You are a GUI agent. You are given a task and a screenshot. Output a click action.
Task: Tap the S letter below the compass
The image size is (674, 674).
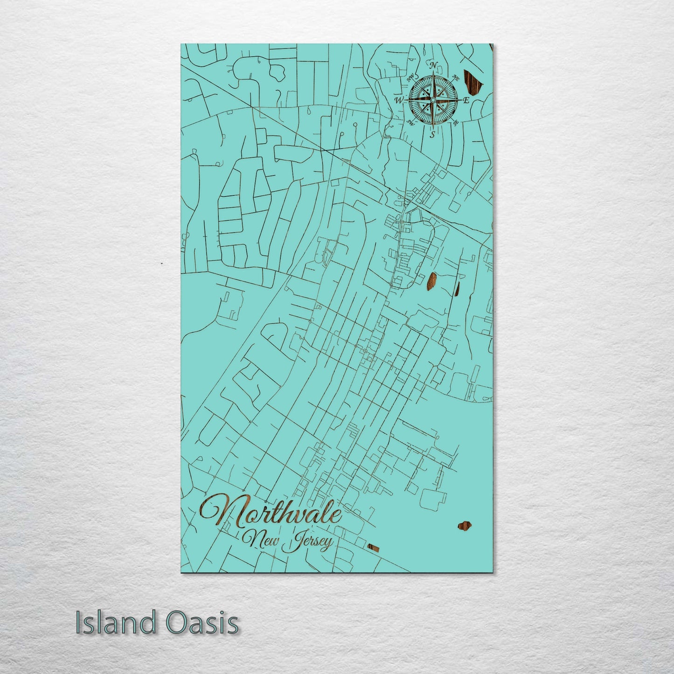432,135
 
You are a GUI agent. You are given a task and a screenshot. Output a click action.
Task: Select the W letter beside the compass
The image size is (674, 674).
399,100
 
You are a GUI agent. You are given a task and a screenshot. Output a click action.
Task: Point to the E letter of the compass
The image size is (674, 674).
467,101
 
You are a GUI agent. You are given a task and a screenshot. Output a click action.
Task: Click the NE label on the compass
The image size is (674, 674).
457,78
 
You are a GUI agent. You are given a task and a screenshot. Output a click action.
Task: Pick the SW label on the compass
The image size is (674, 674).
410,123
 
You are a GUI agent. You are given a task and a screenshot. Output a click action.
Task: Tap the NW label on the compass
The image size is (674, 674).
411,78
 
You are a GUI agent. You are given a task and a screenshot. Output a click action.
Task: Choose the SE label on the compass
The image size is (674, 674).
456,123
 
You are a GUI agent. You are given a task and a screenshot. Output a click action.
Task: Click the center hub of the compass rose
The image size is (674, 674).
433,100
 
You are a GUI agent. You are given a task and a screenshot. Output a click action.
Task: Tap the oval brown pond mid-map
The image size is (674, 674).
431,281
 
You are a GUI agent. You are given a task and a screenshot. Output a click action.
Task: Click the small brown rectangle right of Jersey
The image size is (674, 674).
373,547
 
